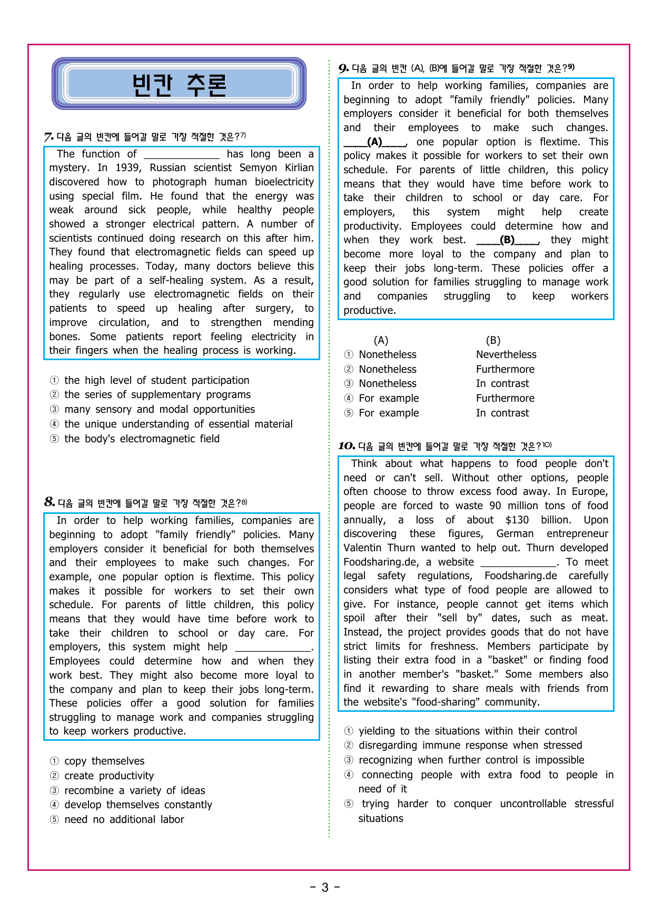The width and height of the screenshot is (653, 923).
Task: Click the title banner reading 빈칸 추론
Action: (x=179, y=84)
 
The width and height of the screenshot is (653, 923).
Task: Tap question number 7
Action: (x=48, y=137)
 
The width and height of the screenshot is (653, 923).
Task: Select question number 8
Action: (x=50, y=502)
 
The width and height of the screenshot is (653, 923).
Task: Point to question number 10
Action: (x=346, y=446)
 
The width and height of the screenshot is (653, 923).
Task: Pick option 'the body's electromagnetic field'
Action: (x=142, y=439)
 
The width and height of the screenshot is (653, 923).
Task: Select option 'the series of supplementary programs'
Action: (x=157, y=395)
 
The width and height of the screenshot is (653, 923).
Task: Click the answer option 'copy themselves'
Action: (x=104, y=761)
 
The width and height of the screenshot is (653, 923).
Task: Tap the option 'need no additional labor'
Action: (x=124, y=820)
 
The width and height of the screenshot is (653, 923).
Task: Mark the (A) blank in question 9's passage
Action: (x=374, y=142)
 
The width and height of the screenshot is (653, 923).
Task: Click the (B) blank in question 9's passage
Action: (x=507, y=240)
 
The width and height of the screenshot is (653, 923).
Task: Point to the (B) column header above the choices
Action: (x=493, y=341)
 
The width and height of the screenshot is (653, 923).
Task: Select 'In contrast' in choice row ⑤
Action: (x=502, y=413)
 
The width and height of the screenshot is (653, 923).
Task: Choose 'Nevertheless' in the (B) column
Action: (x=506, y=355)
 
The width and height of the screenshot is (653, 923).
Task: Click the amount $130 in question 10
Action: (x=517, y=520)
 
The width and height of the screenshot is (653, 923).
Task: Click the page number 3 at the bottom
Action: (x=325, y=888)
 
